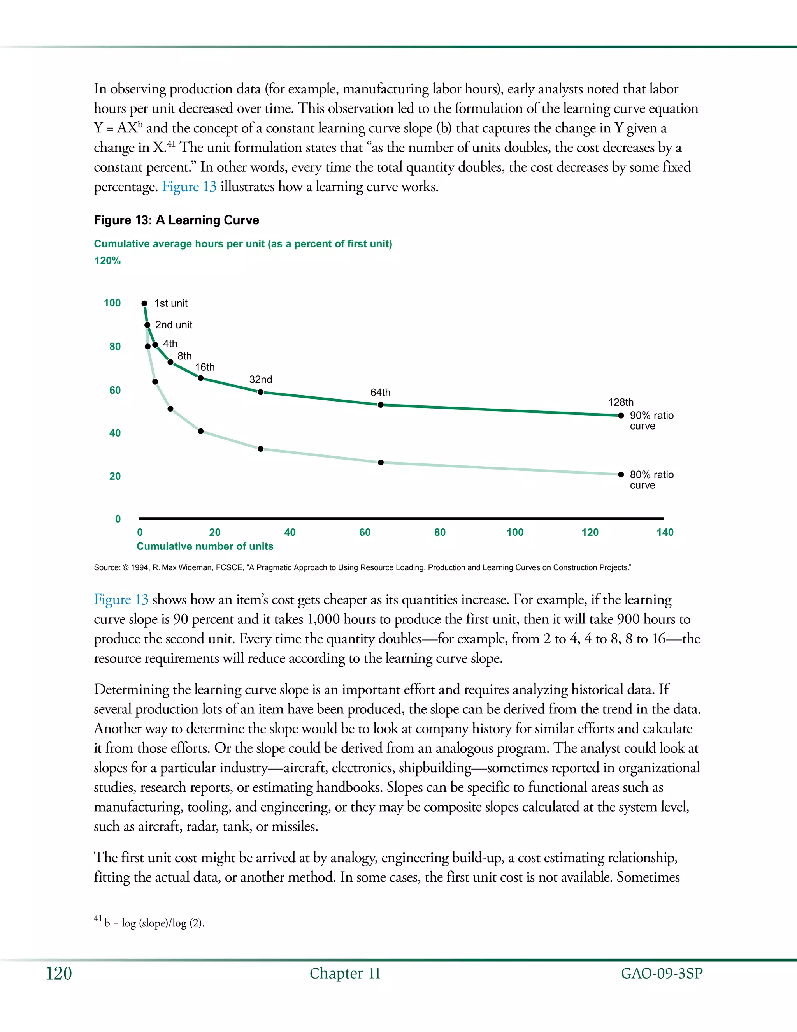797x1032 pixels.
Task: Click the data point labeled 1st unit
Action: pos(144,303)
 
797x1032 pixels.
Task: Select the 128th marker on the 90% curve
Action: pos(621,416)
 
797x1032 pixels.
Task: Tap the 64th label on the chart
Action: pos(380,393)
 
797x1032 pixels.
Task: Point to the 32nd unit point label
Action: pos(261,379)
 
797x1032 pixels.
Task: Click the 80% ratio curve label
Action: pos(651,480)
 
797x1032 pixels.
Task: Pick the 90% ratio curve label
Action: pos(651,421)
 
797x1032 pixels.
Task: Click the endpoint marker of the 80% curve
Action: pos(621,474)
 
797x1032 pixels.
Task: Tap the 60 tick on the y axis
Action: pos(115,390)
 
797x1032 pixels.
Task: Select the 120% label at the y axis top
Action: pos(108,261)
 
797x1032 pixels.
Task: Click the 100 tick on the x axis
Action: pos(514,532)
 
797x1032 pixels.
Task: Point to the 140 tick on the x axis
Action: pos(665,532)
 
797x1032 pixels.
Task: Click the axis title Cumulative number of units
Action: pos(205,546)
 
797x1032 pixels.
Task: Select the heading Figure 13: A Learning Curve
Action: pos(177,220)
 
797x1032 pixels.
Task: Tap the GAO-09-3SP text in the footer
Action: pos(662,974)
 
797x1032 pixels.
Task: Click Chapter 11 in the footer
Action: pos(345,974)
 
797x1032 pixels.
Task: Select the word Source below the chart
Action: pos(107,567)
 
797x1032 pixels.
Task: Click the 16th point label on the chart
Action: pos(205,367)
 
